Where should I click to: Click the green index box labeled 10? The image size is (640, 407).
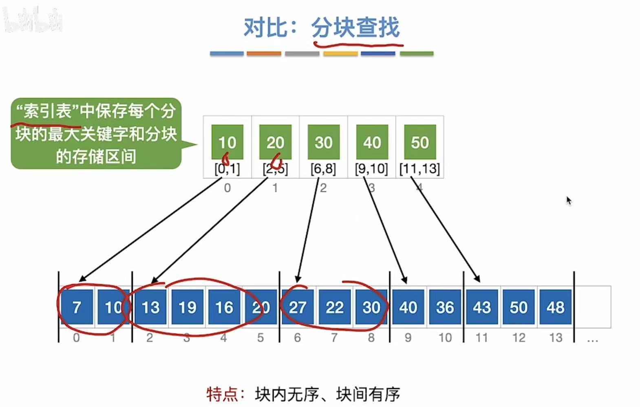click(x=227, y=142)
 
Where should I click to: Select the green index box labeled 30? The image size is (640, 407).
click(x=324, y=142)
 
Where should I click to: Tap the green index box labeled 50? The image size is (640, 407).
click(x=420, y=142)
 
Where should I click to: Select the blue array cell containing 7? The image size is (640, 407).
click(x=77, y=307)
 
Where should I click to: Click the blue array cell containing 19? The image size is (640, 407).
click(x=188, y=307)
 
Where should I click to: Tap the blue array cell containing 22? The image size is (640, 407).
click(x=335, y=307)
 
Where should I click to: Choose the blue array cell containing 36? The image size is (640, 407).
click(x=445, y=307)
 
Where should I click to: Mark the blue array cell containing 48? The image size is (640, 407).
click(x=555, y=307)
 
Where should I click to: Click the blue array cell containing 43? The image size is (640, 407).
click(x=482, y=307)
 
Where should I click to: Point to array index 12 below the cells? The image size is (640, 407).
click(x=519, y=338)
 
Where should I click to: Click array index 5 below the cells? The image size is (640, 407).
click(x=260, y=338)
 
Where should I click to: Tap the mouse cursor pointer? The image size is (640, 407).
click(x=569, y=200)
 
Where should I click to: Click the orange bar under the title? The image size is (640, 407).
click(x=264, y=53)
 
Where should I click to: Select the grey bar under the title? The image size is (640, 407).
click(x=302, y=53)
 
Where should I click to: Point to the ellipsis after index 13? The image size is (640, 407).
click(x=592, y=339)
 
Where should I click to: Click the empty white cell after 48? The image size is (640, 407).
click(x=592, y=307)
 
